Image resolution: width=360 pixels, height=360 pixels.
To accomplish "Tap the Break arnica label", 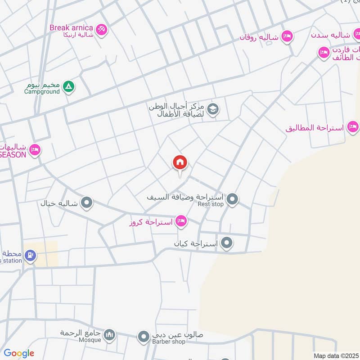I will [x=72, y=27].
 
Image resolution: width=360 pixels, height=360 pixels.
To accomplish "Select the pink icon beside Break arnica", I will [x=102, y=30].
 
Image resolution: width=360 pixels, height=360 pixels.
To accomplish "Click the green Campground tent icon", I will [x=68, y=86].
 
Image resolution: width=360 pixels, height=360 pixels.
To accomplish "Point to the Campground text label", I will [x=42, y=92].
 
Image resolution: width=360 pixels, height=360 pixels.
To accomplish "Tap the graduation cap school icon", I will [x=213, y=109].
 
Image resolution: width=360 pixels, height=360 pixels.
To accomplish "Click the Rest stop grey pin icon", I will [x=232, y=198].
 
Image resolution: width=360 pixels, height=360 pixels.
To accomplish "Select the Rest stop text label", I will [x=211, y=204].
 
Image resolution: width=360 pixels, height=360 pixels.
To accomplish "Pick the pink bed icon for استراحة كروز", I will [x=181, y=220].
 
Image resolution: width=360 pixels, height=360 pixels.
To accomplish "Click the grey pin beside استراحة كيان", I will [x=227, y=243].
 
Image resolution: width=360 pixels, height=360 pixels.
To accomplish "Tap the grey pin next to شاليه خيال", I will [x=87, y=202].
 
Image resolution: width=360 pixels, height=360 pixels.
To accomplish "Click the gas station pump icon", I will [x=30, y=256].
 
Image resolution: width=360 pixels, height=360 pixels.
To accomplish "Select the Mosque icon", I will [x=109, y=335].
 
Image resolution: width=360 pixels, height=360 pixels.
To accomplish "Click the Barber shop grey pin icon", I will [x=144, y=336].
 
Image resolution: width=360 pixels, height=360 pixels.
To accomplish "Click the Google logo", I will [x=19, y=353].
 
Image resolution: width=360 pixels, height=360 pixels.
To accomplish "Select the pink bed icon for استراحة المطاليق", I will [x=353, y=127].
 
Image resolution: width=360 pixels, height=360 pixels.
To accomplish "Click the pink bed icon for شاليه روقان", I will [x=287, y=36].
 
